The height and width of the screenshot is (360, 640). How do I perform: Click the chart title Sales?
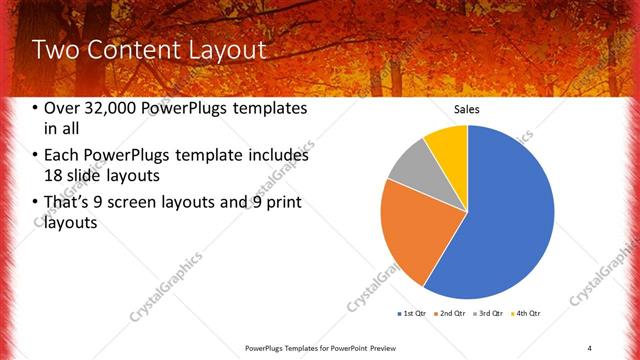468,108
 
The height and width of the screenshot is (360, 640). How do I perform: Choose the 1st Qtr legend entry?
411,314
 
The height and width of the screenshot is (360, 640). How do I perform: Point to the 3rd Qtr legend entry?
489,314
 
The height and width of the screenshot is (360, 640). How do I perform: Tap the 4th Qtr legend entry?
527,314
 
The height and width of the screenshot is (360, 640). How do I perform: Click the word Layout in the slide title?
231,51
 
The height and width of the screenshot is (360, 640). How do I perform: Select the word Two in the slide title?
56,51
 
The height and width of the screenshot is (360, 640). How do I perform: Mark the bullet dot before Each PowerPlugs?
36,156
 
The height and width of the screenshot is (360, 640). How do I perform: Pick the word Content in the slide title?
132,51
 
